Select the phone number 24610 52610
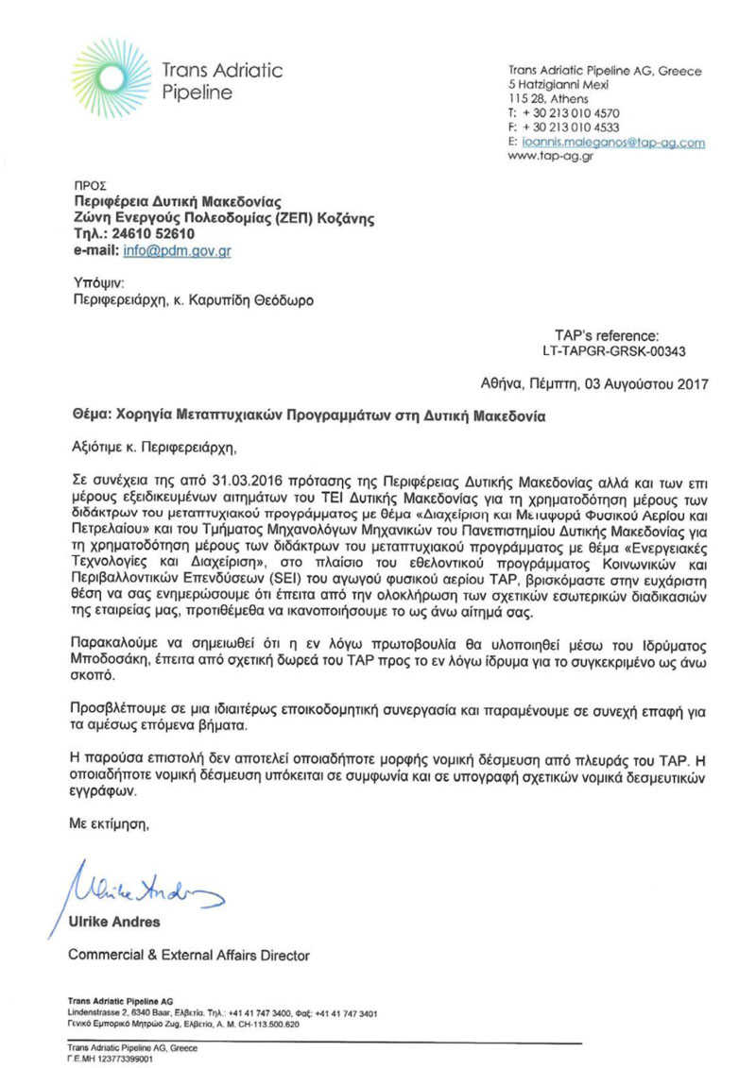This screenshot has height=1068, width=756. pyautogui.click(x=151, y=235)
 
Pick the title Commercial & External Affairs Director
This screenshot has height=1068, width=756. pyautogui.click(x=188, y=956)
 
